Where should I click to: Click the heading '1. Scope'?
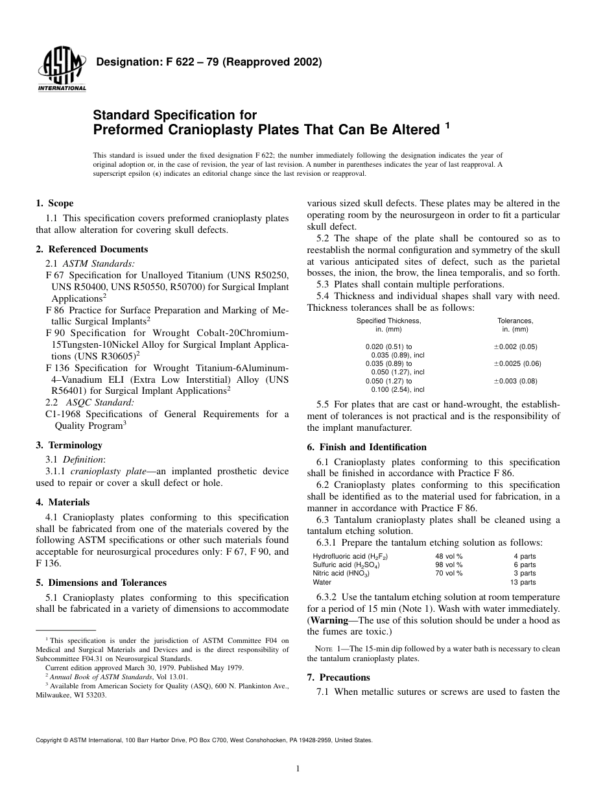[x=54, y=203]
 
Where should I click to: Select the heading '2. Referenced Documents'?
[x=91, y=249]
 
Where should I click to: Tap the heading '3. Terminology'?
[x=69, y=445]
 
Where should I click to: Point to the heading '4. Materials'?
[x=62, y=502]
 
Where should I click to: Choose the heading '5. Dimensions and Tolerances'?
[x=101, y=583]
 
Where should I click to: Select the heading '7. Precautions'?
[x=338, y=677]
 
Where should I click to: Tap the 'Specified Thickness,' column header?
[x=388, y=320]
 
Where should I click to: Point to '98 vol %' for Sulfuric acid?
[x=449, y=565]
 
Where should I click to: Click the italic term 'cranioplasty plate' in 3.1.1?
[x=106, y=472]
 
